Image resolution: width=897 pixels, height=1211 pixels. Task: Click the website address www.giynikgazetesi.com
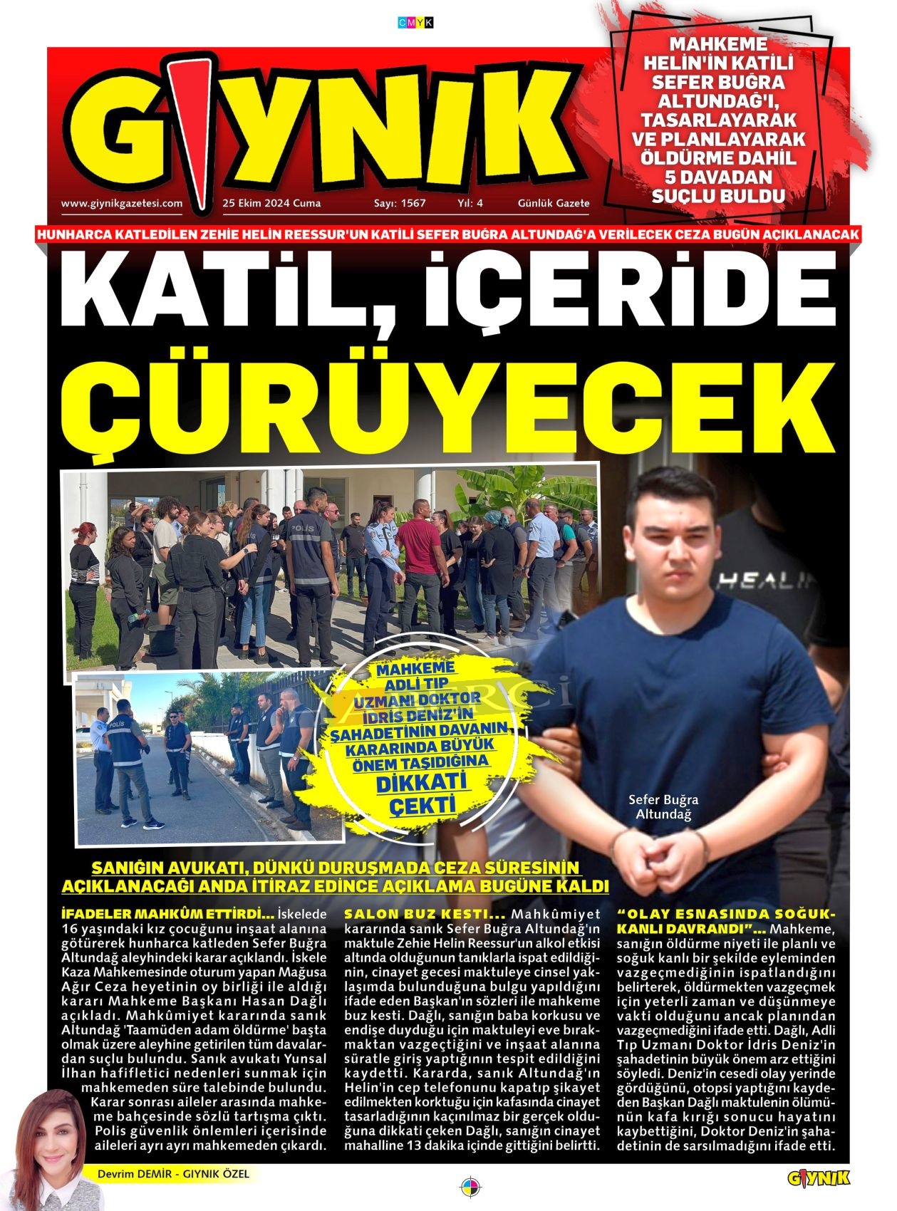point(122,203)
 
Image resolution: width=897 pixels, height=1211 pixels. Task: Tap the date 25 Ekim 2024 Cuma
point(271,203)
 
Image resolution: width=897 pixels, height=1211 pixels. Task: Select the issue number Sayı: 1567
point(400,203)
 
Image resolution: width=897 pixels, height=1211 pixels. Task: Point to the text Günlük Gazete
point(554,203)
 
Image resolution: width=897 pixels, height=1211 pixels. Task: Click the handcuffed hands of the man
point(659,855)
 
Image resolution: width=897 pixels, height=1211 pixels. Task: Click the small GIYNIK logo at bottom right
point(819,1179)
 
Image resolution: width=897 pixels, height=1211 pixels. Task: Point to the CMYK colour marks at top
point(415,23)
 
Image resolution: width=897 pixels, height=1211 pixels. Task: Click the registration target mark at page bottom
point(470,1187)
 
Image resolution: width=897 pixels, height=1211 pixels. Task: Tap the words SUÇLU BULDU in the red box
point(718,196)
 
